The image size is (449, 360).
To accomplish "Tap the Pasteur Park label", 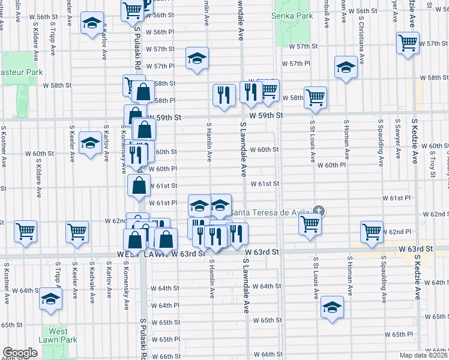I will pyautogui.click(x=21, y=72).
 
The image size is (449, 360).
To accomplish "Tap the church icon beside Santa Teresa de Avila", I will pyautogui.click(x=319, y=211).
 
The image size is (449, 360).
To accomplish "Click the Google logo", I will pyautogui.click(x=20, y=353).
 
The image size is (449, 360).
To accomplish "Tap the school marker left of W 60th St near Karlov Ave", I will pyautogui.click(x=91, y=142).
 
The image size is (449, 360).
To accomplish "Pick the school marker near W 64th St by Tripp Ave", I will pyautogui.click(x=50, y=297).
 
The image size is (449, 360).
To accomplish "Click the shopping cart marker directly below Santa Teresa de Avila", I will pyautogui.click(x=310, y=224).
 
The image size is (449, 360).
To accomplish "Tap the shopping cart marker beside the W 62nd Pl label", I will pyautogui.click(x=372, y=230).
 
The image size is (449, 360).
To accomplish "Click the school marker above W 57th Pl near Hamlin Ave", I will pyautogui.click(x=197, y=58).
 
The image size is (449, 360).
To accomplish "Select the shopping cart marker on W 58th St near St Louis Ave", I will pyautogui.click(x=315, y=96).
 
